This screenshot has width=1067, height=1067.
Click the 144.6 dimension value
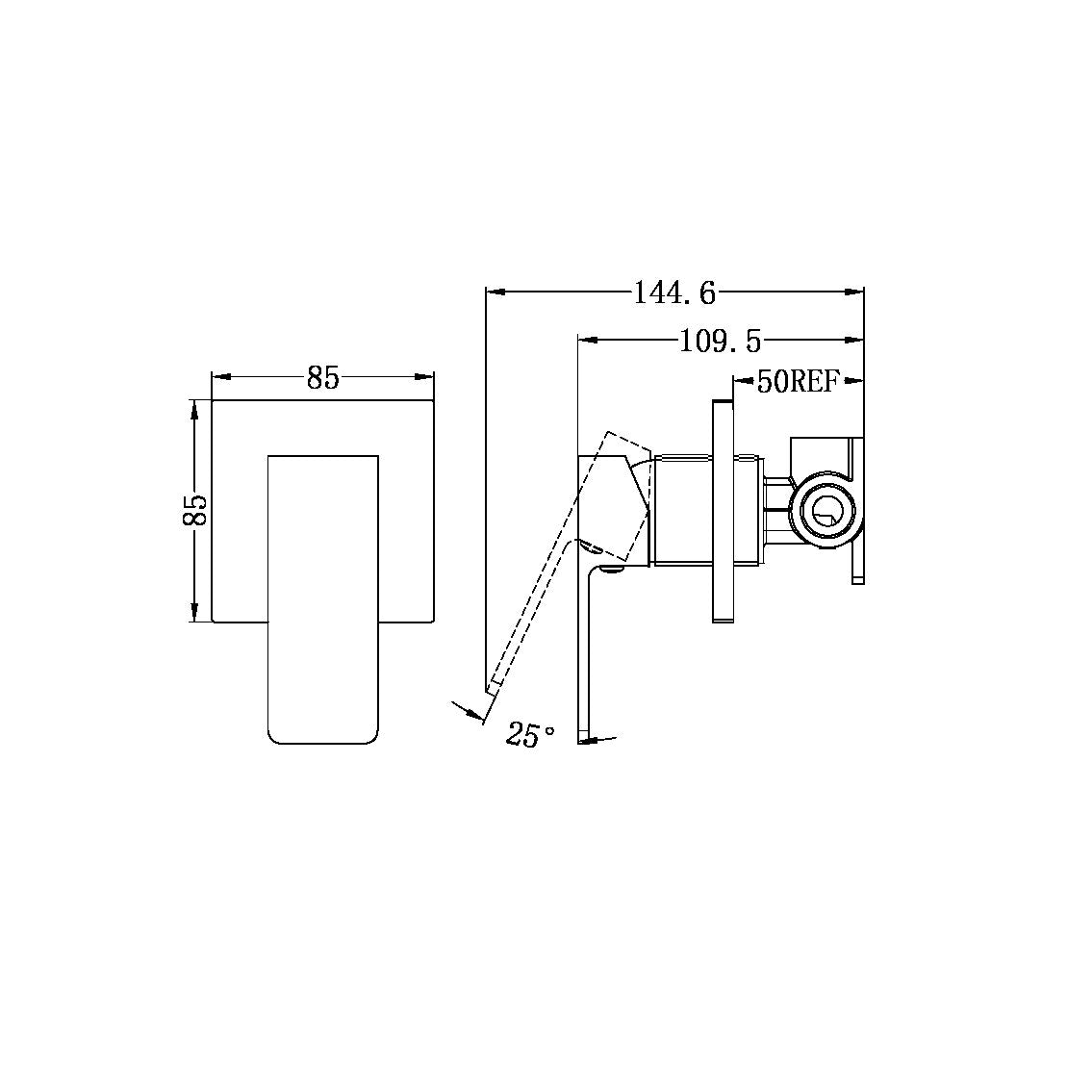click(674, 292)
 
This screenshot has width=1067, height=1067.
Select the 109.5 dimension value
click(720, 341)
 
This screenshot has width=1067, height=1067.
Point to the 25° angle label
click(530, 736)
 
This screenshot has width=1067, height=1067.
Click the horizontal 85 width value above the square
click(323, 378)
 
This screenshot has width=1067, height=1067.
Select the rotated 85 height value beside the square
click(194, 510)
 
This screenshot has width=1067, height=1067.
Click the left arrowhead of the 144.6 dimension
click(496, 290)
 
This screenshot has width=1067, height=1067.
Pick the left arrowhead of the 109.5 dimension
click(588, 339)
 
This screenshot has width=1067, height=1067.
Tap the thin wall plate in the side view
click(723, 511)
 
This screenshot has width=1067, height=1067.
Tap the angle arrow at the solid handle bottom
click(597, 740)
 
